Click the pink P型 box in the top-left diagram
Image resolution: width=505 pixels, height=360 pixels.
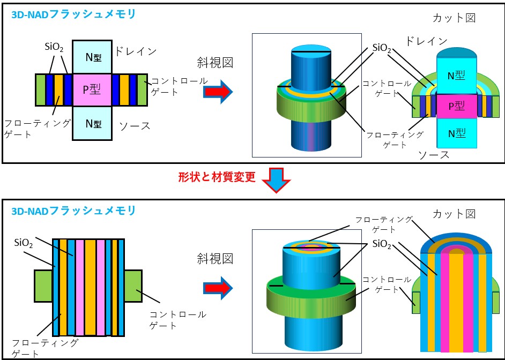(x=92, y=89)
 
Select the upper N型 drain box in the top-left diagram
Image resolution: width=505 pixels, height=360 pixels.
(x=92, y=56)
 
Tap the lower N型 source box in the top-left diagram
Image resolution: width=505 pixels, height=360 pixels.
(x=92, y=123)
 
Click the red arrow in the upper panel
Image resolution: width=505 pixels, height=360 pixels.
(x=219, y=92)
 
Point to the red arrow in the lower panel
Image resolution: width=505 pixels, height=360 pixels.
(x=219, y=287)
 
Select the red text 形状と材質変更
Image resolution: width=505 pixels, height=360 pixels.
(x=217, y=177)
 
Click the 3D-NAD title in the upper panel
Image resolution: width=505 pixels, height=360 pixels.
(x=73, y=14)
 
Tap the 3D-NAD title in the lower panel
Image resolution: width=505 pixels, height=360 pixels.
(x=73, y=211)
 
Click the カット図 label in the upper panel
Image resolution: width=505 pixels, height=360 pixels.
(x=454, y=18)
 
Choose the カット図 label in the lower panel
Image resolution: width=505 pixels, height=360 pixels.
(x=454, y=214)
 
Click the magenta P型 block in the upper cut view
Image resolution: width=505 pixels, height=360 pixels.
(x=456, y=106)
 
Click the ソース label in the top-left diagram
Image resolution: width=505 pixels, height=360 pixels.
(x=135, y=126)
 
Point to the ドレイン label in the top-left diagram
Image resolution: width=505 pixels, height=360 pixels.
(x=135, y=51)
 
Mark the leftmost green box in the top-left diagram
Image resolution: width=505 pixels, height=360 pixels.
(x=40, y=89)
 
